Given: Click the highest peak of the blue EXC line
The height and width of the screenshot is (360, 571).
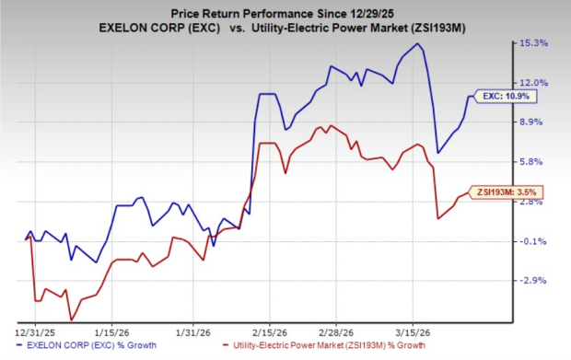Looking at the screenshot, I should click(418, 44).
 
